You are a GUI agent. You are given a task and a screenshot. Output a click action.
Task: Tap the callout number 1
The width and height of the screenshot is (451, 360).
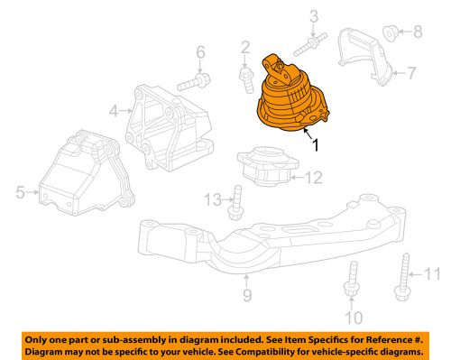[314, 143]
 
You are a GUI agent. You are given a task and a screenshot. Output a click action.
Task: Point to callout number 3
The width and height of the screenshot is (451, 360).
[314, 15]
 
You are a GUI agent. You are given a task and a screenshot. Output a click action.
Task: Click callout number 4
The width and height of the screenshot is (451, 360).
[115, 112]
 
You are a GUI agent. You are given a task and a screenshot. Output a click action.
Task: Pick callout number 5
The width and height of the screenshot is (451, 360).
[21, 191]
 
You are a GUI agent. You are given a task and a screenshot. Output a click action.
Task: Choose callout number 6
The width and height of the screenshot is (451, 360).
[201, 51]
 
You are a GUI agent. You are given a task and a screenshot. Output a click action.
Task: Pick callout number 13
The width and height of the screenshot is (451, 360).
[211, 198]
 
